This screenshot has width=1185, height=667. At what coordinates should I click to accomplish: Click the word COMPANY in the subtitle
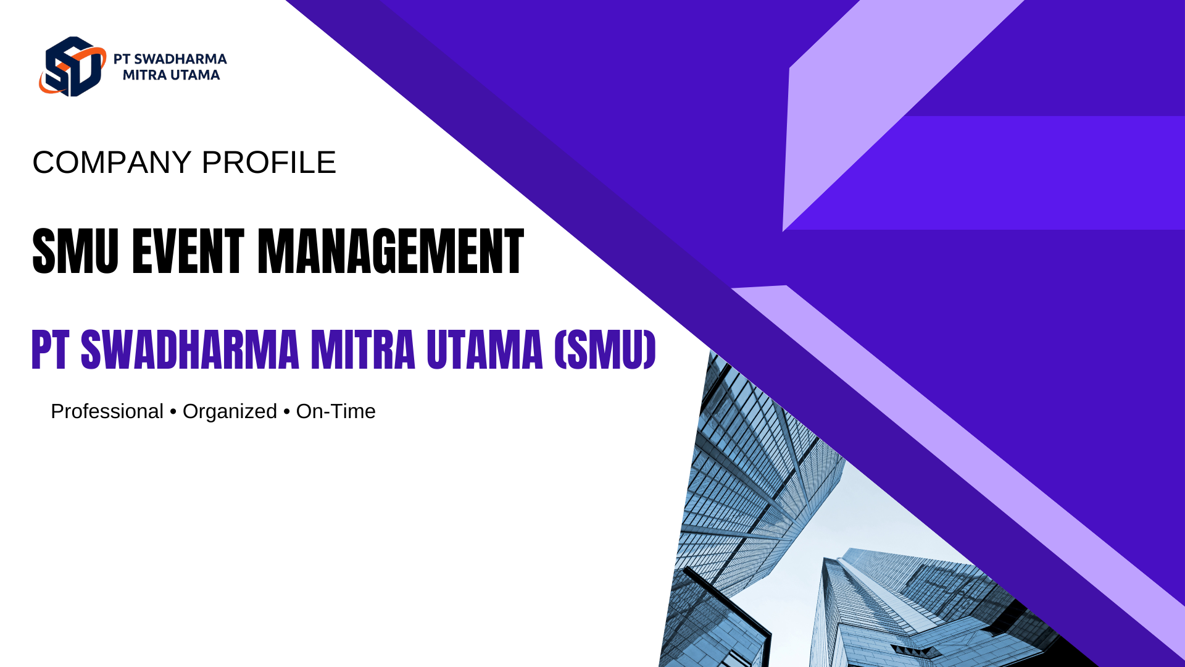point(112,162)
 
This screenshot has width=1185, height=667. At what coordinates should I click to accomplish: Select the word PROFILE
point(268,162)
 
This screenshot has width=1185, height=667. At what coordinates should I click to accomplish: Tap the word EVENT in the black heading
point(188,251)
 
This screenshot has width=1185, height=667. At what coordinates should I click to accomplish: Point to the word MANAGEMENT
point(391,251)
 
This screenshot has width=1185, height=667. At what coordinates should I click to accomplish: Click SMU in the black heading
point(75,251)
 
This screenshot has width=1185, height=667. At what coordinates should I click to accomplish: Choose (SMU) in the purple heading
point(605,350)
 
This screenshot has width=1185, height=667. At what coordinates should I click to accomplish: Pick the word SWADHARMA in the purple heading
point(190,350)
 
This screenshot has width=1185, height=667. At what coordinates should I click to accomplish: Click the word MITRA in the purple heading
point(363,350)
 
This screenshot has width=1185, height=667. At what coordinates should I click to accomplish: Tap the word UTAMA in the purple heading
point(484,350)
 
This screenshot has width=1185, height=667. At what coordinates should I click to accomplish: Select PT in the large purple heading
point(49,350)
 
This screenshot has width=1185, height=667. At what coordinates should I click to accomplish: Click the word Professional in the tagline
point(107,411)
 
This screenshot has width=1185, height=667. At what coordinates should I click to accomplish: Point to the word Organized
point(230,412)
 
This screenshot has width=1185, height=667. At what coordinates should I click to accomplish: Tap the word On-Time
point(336,411)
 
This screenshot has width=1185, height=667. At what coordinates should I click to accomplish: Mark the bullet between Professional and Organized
point(173,412)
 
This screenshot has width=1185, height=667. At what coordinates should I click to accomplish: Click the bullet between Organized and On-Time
point(286,412)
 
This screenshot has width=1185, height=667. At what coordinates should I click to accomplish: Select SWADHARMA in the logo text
point(180,59)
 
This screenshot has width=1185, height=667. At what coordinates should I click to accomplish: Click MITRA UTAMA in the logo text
point(171,75)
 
